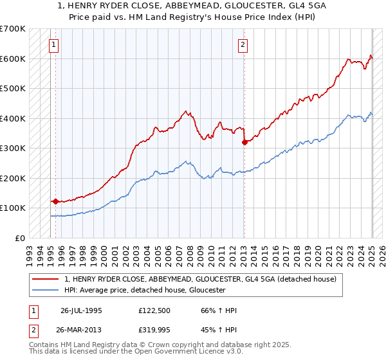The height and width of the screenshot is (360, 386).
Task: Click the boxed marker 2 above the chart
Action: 243,45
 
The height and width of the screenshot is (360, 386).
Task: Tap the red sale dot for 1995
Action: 55,201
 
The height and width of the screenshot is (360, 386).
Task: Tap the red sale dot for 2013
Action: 244,142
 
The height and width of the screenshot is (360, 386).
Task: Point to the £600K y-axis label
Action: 13,59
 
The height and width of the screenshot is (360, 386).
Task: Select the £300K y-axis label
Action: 13,148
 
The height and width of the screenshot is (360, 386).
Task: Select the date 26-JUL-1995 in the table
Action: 81,310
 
